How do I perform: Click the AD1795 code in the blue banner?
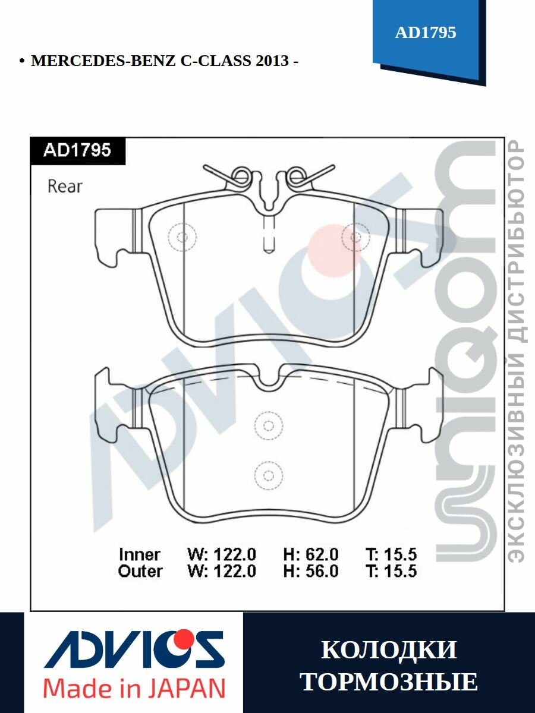click(425, 33)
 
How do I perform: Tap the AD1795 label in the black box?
click(77, 150)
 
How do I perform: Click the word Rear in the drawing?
click(65, 187)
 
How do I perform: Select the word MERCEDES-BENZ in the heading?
click(103, 61)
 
